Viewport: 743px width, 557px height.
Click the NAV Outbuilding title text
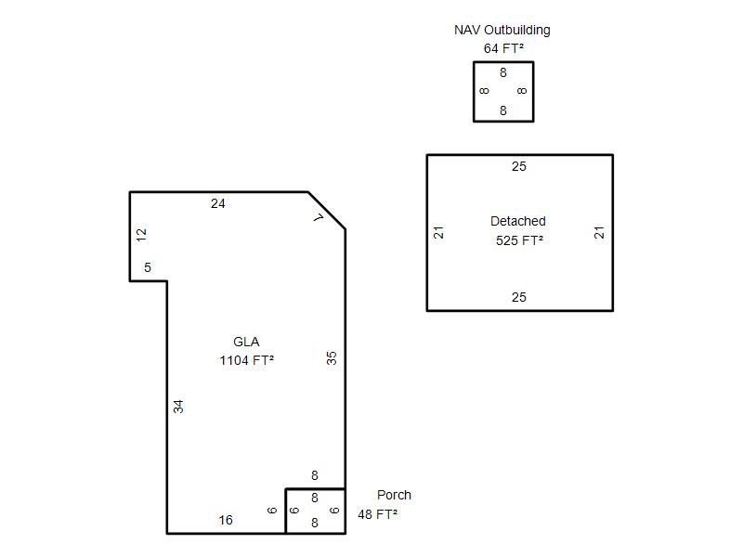pyautogui.click(x=502, y=31)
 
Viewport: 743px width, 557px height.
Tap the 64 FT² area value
pyautogui.click(x=503, y=48)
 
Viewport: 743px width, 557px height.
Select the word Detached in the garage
pyautogui.click(x=518, y=221)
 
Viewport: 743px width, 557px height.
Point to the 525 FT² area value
pyautogui.click(x=519, y=240)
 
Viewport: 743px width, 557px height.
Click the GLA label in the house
pyautogui.click(x=246, y=342)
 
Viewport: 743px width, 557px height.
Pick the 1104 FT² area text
pyautogui.click(x=246, y=360)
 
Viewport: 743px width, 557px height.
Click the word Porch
pyautogui.click(x=394, y=495)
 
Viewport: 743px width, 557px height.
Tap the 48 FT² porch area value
pyautogui.click(x=377, y=514)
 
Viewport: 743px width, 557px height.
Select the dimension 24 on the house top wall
pyautogui.click(x=218, y=203)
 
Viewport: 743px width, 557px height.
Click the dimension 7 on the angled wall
pyautogui.click(x=319, y=217)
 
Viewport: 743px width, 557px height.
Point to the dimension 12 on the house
pyautogui.click(x=141, y=235)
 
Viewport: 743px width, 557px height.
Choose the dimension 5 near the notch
pyautogui.click(x=148, y=267)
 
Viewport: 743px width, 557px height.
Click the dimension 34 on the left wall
pyautogui.click(x=177, y=407)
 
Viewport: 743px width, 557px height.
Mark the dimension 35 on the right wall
pyautogui.click(x=332, y=357)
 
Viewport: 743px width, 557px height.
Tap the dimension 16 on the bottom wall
pyautogui.click(x=226, y=520)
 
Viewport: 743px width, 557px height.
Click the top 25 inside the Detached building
pyautogui.click(x=519, y=166)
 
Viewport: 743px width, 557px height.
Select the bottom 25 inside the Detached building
pyautogui.click(x=519, y=297)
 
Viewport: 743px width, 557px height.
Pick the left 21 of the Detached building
pyautogui.click(x=438, y=233)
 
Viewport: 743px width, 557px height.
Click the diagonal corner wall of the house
pyautogui.click(x=327, y=211)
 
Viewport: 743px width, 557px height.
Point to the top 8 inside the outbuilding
pyautogui.click(x=503, y=72)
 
